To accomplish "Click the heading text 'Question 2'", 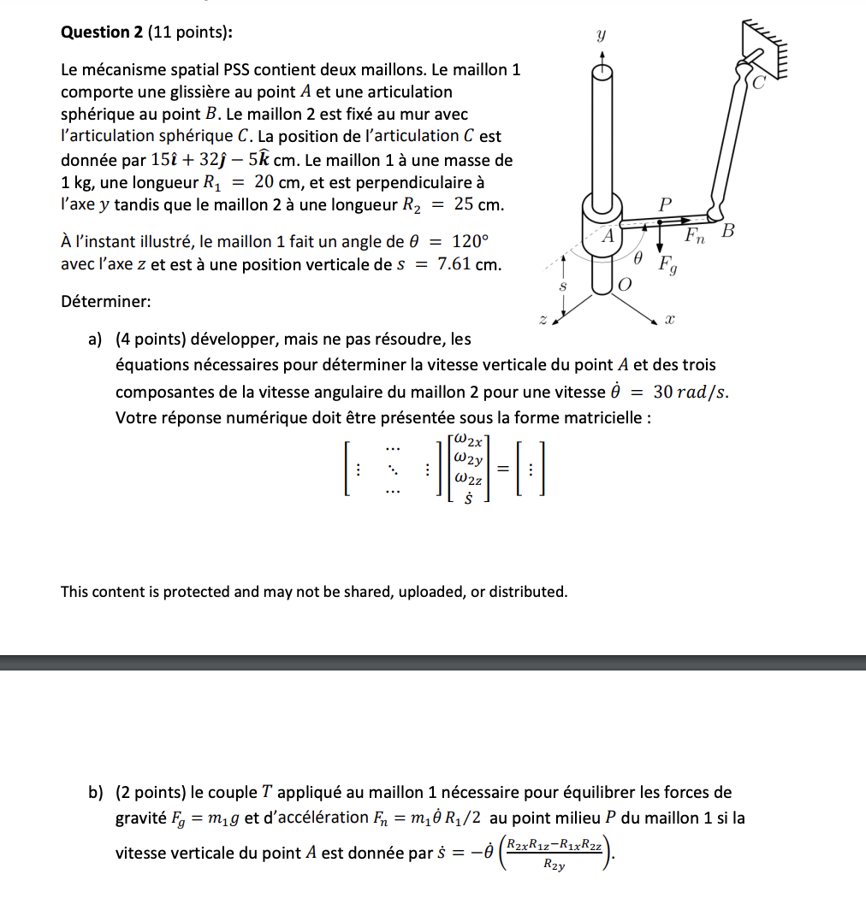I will (x=103, y=32).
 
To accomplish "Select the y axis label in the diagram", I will (x=602, y=37).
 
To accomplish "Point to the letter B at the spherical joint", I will (x=728, y=231).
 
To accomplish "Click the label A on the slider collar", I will (x=608, y=234).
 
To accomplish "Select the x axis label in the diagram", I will (x=671, y=320).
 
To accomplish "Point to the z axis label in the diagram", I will (x=542, y=320).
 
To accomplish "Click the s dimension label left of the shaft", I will (x=562, y=288).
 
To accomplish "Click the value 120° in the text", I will (x=468, y=242).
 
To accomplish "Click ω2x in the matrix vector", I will (x=471, y=440).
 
